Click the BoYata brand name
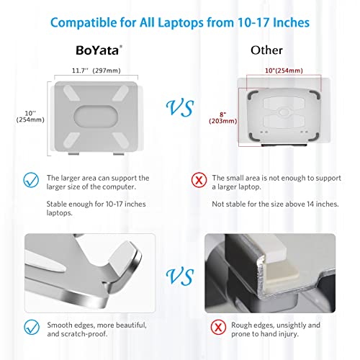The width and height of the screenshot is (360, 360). click(98, 50)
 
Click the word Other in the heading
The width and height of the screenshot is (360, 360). click(266, 50)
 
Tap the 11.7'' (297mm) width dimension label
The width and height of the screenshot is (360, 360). click(96, 71)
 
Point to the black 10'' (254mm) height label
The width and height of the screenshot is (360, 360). click(30, 117)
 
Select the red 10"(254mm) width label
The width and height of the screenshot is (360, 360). click(284, 71)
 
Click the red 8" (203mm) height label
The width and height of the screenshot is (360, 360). click(223, 118)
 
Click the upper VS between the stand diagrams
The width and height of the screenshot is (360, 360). click(180, 109)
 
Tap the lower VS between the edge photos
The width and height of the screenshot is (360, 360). click(180, 277)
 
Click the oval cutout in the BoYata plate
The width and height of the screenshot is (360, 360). click(96, 117)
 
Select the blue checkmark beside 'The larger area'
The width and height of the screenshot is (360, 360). click(31, 180)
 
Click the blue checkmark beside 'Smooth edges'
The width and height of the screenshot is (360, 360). click(32, 327)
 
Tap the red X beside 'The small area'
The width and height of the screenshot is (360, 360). click(199, 180)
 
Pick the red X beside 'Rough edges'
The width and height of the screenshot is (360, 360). click(218, 327)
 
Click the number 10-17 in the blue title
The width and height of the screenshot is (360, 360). click(253, 23)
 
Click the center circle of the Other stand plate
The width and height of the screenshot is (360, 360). click(284, 112)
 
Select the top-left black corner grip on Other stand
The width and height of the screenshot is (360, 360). click(253, 95)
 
